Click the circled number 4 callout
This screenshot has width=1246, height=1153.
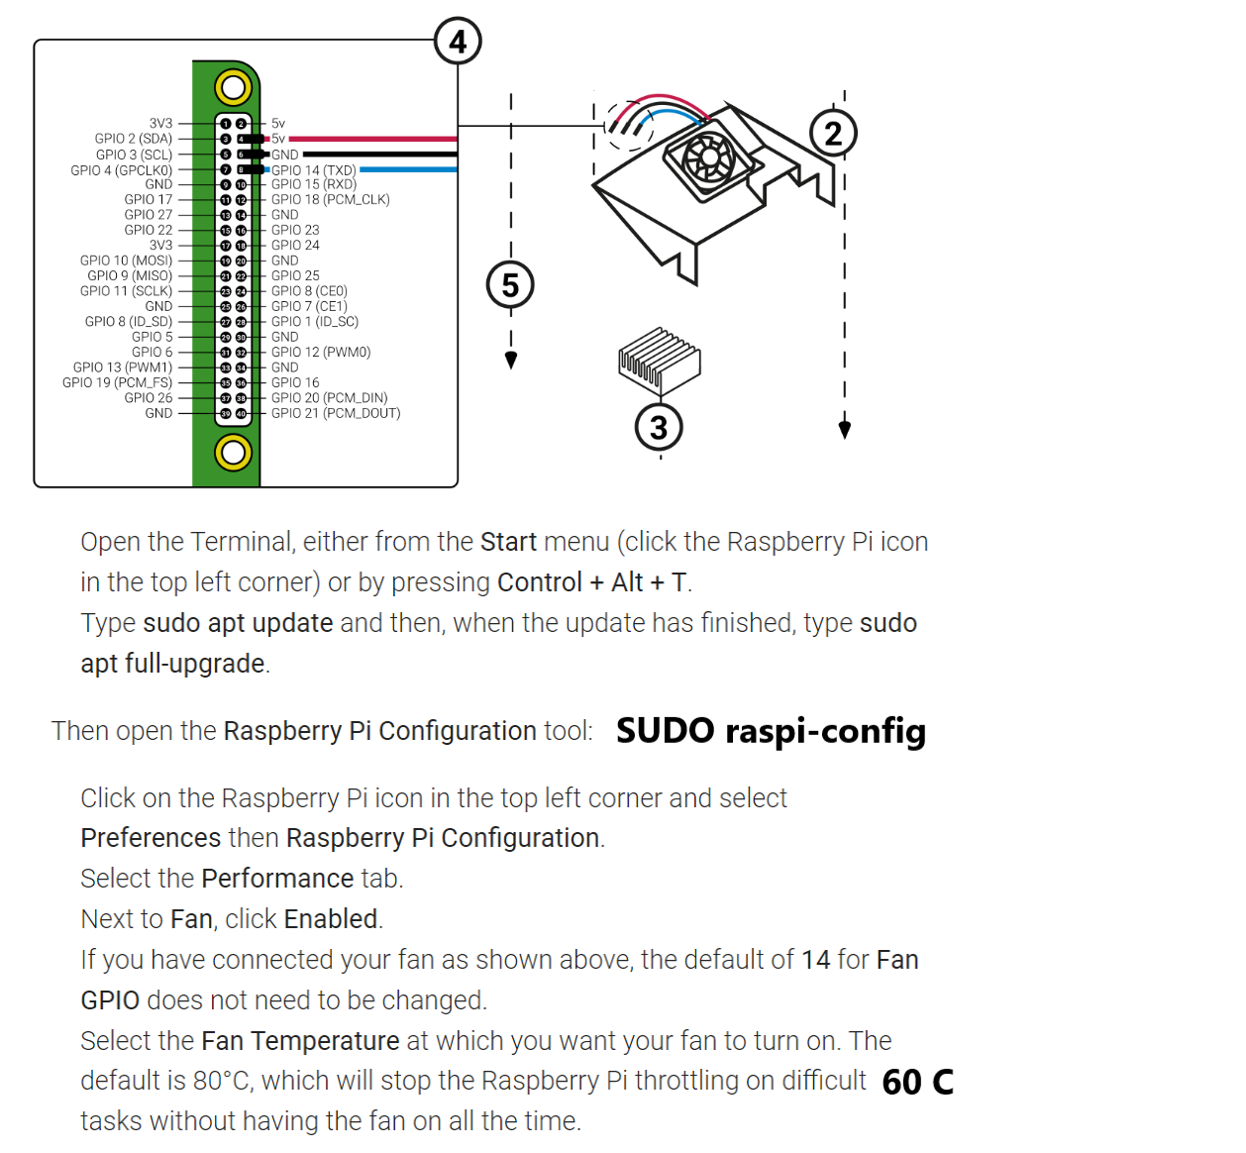(x=458, y=42)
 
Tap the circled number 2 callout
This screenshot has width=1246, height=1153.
(x=833, y=134)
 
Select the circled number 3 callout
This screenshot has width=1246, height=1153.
(x=659, y=428)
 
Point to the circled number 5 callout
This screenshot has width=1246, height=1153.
(x=510, y=285)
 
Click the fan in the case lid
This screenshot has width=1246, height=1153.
(x=708, y=157)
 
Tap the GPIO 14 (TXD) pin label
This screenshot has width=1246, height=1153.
(x=313, y=170)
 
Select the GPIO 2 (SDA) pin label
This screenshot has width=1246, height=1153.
(x=134, y=139)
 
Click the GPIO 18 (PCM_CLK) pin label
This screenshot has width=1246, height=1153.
(x=330, y=199)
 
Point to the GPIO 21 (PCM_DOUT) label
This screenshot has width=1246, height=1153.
(x=336, y=413)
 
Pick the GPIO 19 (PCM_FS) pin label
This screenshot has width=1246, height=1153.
(x=117, y=382)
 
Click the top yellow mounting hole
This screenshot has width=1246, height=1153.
(x=233, y=88)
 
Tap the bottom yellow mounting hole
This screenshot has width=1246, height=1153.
(x=233, y=453)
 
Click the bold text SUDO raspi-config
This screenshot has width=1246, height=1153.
(x=771, y=731)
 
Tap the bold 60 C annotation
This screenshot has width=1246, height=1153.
(x=917, y=1082)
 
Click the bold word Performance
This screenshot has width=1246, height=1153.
(x=277, y=879)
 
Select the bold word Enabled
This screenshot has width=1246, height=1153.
(x=331, y=919)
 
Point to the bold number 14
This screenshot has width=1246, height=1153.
(x=815, y=960)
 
